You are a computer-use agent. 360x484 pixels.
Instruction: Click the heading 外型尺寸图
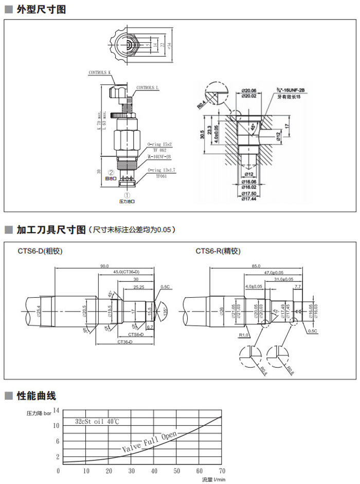tap(41, 9)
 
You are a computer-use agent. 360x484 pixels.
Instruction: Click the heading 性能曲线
tap(36, 396)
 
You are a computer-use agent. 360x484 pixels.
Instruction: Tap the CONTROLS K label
tap(100, 73)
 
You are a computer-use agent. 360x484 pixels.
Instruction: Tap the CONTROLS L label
tap(148, 88)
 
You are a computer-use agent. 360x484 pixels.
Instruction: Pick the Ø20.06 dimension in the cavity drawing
tap(249, 90)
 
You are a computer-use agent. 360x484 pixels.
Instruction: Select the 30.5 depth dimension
tap(203, 137)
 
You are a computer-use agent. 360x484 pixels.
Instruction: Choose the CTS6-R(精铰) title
tap(218, 252)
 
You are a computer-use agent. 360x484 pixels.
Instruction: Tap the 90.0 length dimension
tap(104, 266)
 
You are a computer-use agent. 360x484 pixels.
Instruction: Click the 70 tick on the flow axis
tap(222, 471)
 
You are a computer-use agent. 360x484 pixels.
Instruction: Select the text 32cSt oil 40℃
tap(97, 422)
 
